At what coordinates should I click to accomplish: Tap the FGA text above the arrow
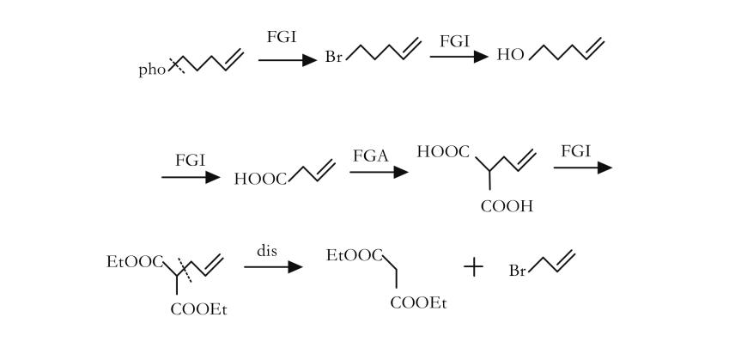tap(371, 155)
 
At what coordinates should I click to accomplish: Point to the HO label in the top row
tap(510, 56)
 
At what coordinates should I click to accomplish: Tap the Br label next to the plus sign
tap(518, 272)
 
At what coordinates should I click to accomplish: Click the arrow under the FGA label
tap(378, 172)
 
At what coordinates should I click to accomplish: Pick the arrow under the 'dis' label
tap(273, 267)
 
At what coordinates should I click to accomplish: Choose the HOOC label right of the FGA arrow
tap(443, 153)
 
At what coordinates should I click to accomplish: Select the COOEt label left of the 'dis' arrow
tap(199, 309)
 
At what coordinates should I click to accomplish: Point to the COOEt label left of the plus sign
tap(420, 302)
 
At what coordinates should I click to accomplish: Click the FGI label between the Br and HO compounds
tap(454, 40)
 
